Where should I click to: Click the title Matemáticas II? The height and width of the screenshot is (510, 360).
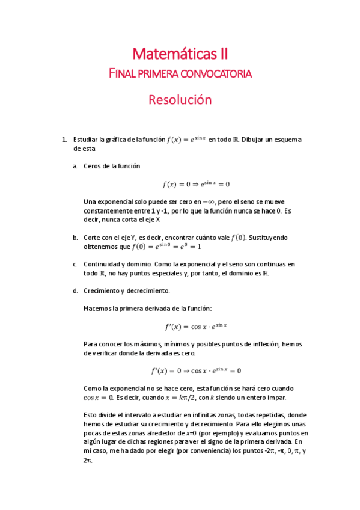point(180,55)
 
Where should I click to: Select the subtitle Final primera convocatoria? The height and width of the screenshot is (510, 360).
point(180,74)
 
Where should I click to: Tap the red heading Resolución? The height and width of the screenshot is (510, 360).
point(180,100)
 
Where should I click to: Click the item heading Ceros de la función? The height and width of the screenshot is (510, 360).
point(112,166)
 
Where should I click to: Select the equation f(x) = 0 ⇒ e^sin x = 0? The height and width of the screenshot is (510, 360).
point(196,185)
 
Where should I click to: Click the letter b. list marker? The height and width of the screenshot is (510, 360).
point(76,238)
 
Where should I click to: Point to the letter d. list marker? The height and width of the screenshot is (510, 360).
point(76,291)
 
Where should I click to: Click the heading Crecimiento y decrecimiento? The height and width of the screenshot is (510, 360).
point(127,291)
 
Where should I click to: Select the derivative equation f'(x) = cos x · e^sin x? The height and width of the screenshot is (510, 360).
point(196,327)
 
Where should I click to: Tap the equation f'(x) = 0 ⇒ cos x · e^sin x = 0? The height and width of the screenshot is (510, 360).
point(196,370)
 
